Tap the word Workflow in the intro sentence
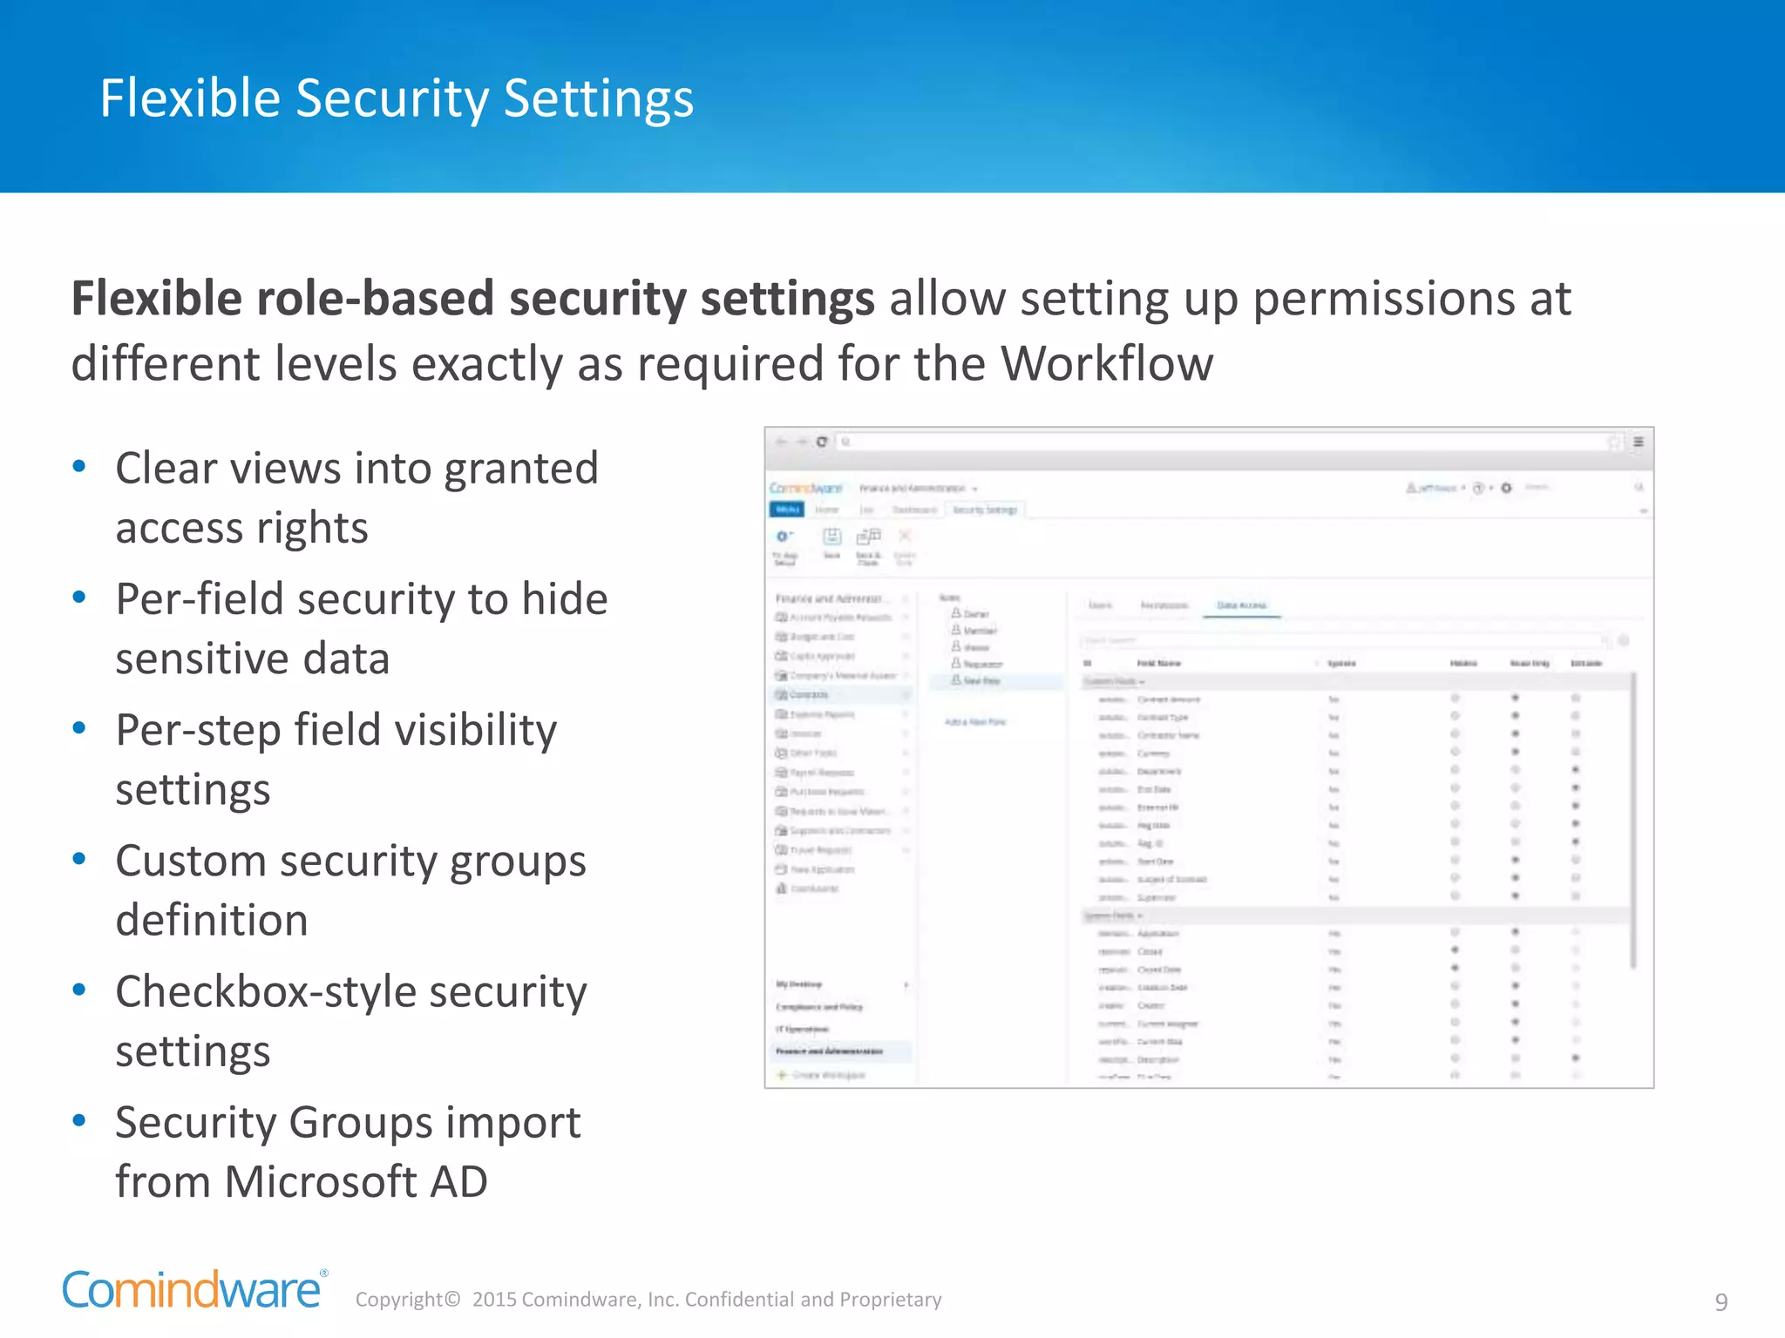click(x=1106, y=363)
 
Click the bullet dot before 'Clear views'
click(x=79, y=467)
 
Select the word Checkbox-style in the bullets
click(x=264, y=992)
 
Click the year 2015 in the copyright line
click(x=494, y=1300)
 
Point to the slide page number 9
click(x=1721, y=1301)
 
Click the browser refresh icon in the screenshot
click(x=821, y=443)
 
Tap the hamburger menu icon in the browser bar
click(x=1639, y=443)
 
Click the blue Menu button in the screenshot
click(x=787, y=510)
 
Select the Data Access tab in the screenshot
click(x=1241, y=605)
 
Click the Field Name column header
click(x=1158, y=664)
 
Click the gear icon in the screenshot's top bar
click(x=1506, y=488)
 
